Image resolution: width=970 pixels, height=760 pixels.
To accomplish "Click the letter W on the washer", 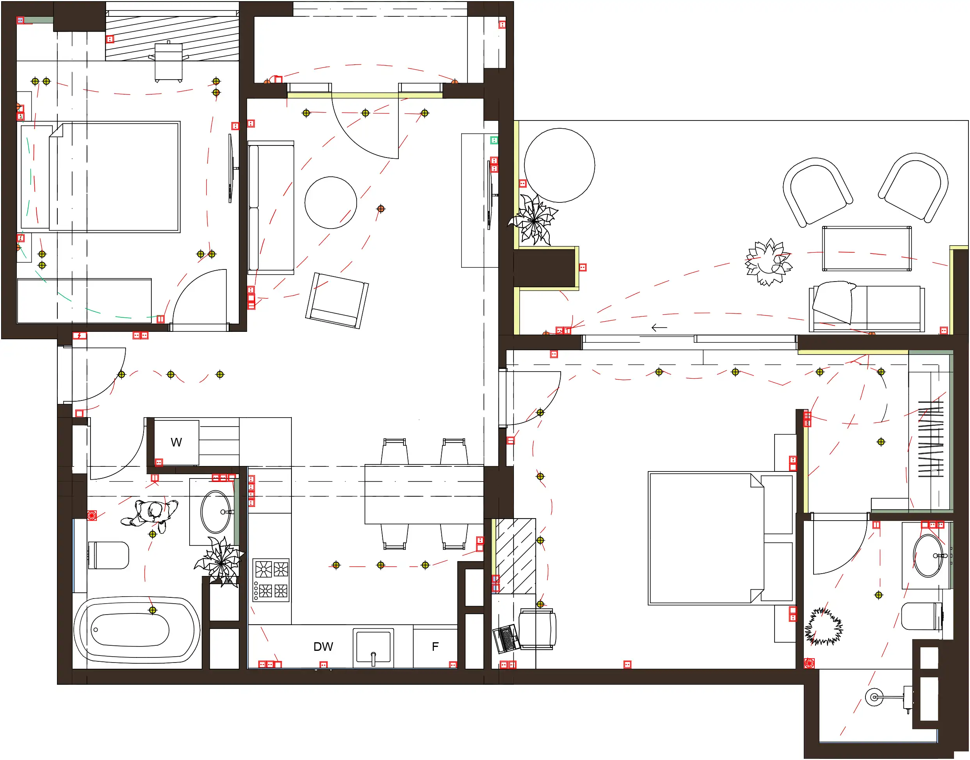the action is [176, 442].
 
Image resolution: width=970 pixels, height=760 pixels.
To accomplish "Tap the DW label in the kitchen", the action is [323, 647].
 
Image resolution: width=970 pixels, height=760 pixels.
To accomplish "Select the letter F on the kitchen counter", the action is [435, 647].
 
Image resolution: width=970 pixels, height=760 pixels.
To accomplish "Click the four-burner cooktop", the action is [271, 580].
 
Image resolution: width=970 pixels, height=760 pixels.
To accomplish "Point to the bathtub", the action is [137, 630].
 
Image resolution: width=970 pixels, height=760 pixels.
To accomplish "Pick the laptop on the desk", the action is [506, 638].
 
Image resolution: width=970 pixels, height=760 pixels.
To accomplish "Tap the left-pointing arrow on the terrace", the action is [659, 328].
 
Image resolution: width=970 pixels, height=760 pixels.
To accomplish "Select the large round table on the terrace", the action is [560, 165].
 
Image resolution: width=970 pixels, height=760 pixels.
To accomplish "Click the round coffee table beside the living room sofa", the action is [331, 202].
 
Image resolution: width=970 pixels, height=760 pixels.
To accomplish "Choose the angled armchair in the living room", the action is [337, 301].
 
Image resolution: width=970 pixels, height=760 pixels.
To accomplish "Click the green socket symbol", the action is [494, 140].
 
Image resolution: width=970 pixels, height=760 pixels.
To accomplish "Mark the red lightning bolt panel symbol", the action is [80, 335].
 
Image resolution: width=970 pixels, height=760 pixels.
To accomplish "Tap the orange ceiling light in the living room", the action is [380, 209].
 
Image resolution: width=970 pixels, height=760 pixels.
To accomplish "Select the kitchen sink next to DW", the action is [373, 648].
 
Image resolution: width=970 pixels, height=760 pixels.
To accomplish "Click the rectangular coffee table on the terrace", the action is [867, 248].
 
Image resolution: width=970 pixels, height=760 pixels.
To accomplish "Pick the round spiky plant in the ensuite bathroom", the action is [824, 627].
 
